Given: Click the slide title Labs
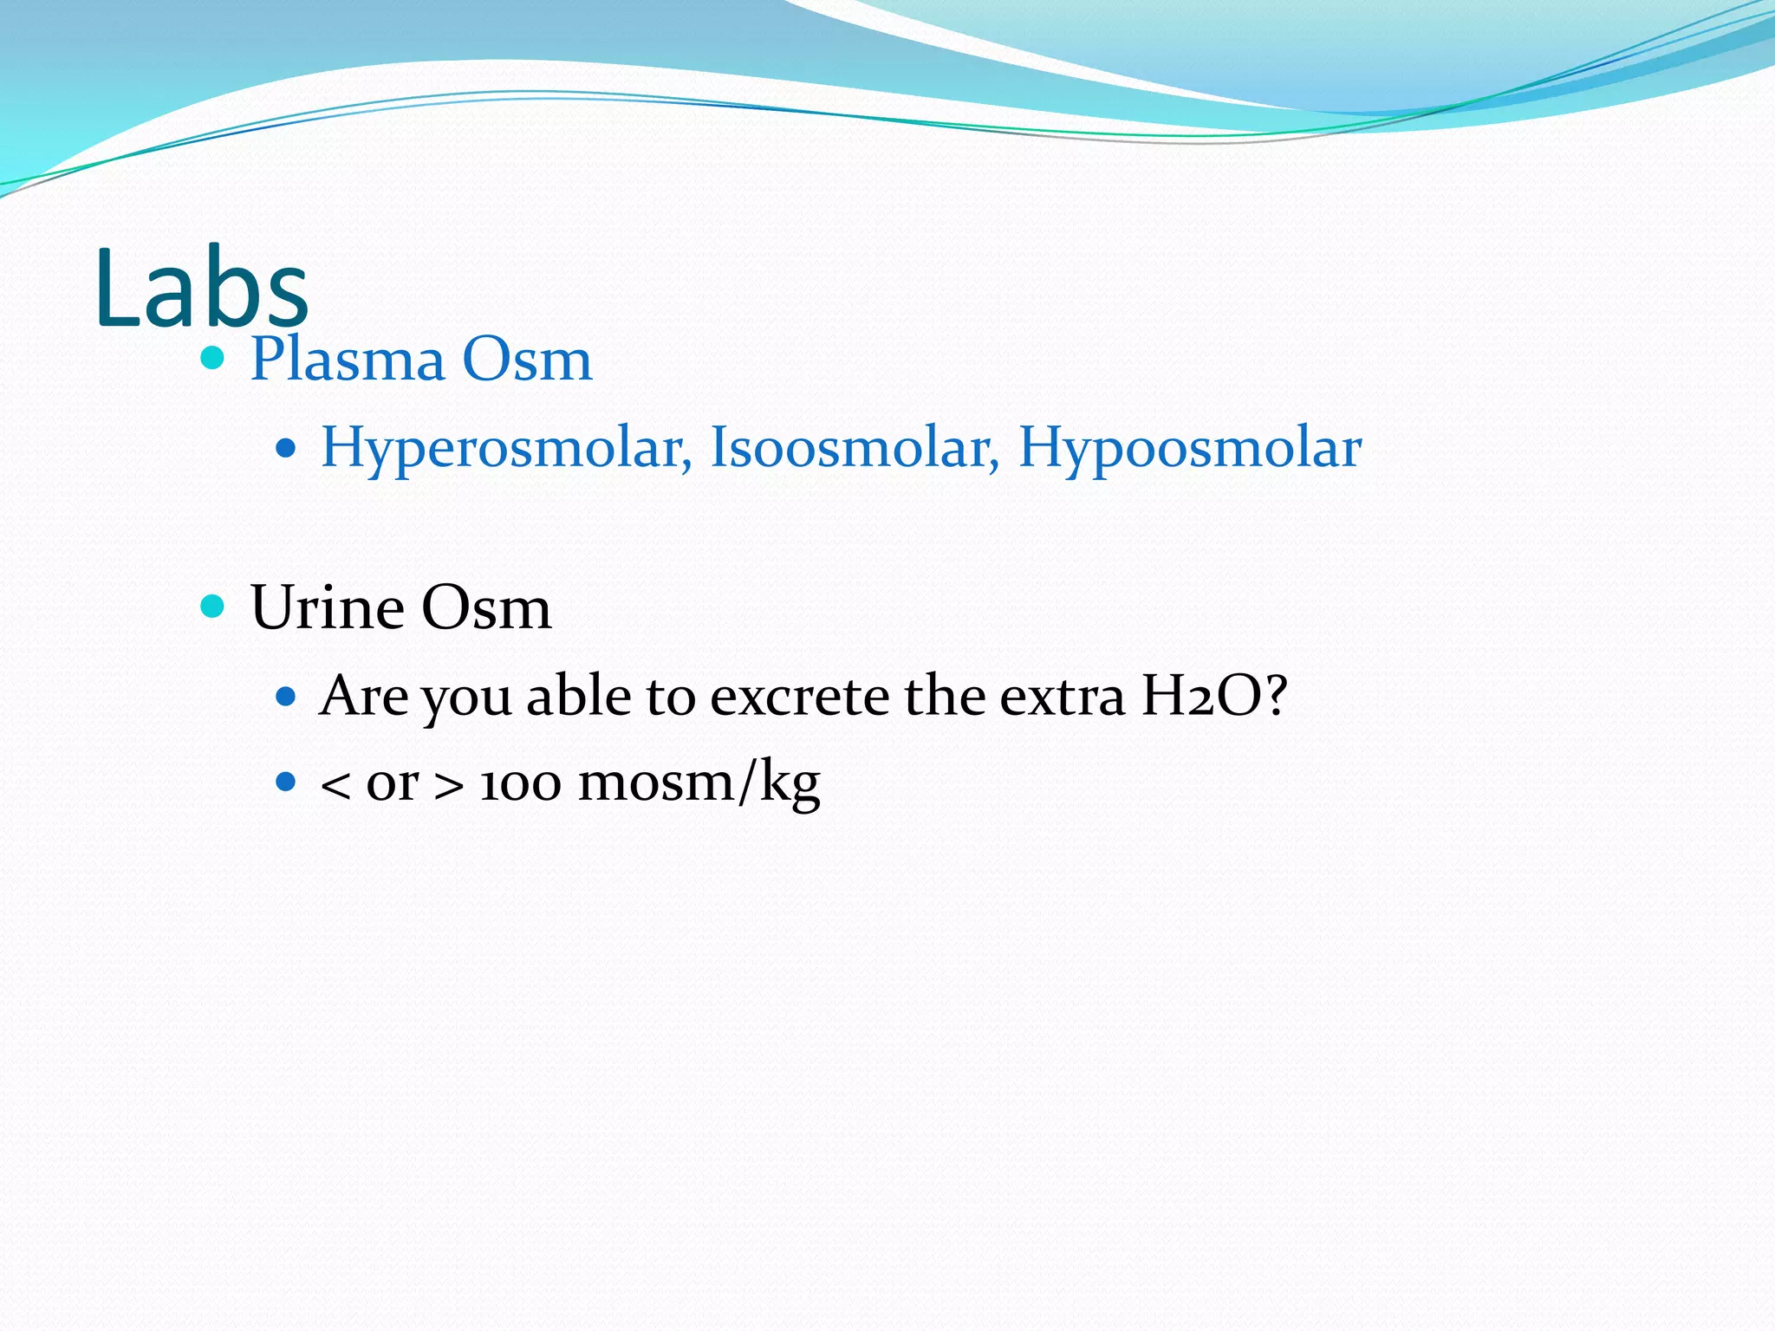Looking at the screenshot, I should (201, 289).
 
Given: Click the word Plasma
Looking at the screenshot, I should (347, 359).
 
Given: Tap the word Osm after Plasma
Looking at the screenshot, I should (527, 359).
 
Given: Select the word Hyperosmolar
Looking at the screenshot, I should (505, 449).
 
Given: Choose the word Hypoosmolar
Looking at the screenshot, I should (1189, 449).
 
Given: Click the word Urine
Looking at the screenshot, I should (327, 607).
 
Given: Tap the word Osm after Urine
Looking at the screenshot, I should (486, 607).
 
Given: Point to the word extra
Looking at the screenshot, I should (1063, 696).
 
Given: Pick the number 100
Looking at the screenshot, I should (520, 783).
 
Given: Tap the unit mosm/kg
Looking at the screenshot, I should (699, 783).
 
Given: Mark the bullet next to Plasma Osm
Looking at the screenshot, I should (212, 357).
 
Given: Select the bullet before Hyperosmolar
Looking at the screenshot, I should (286, 449).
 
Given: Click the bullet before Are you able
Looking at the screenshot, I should (286, 695).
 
